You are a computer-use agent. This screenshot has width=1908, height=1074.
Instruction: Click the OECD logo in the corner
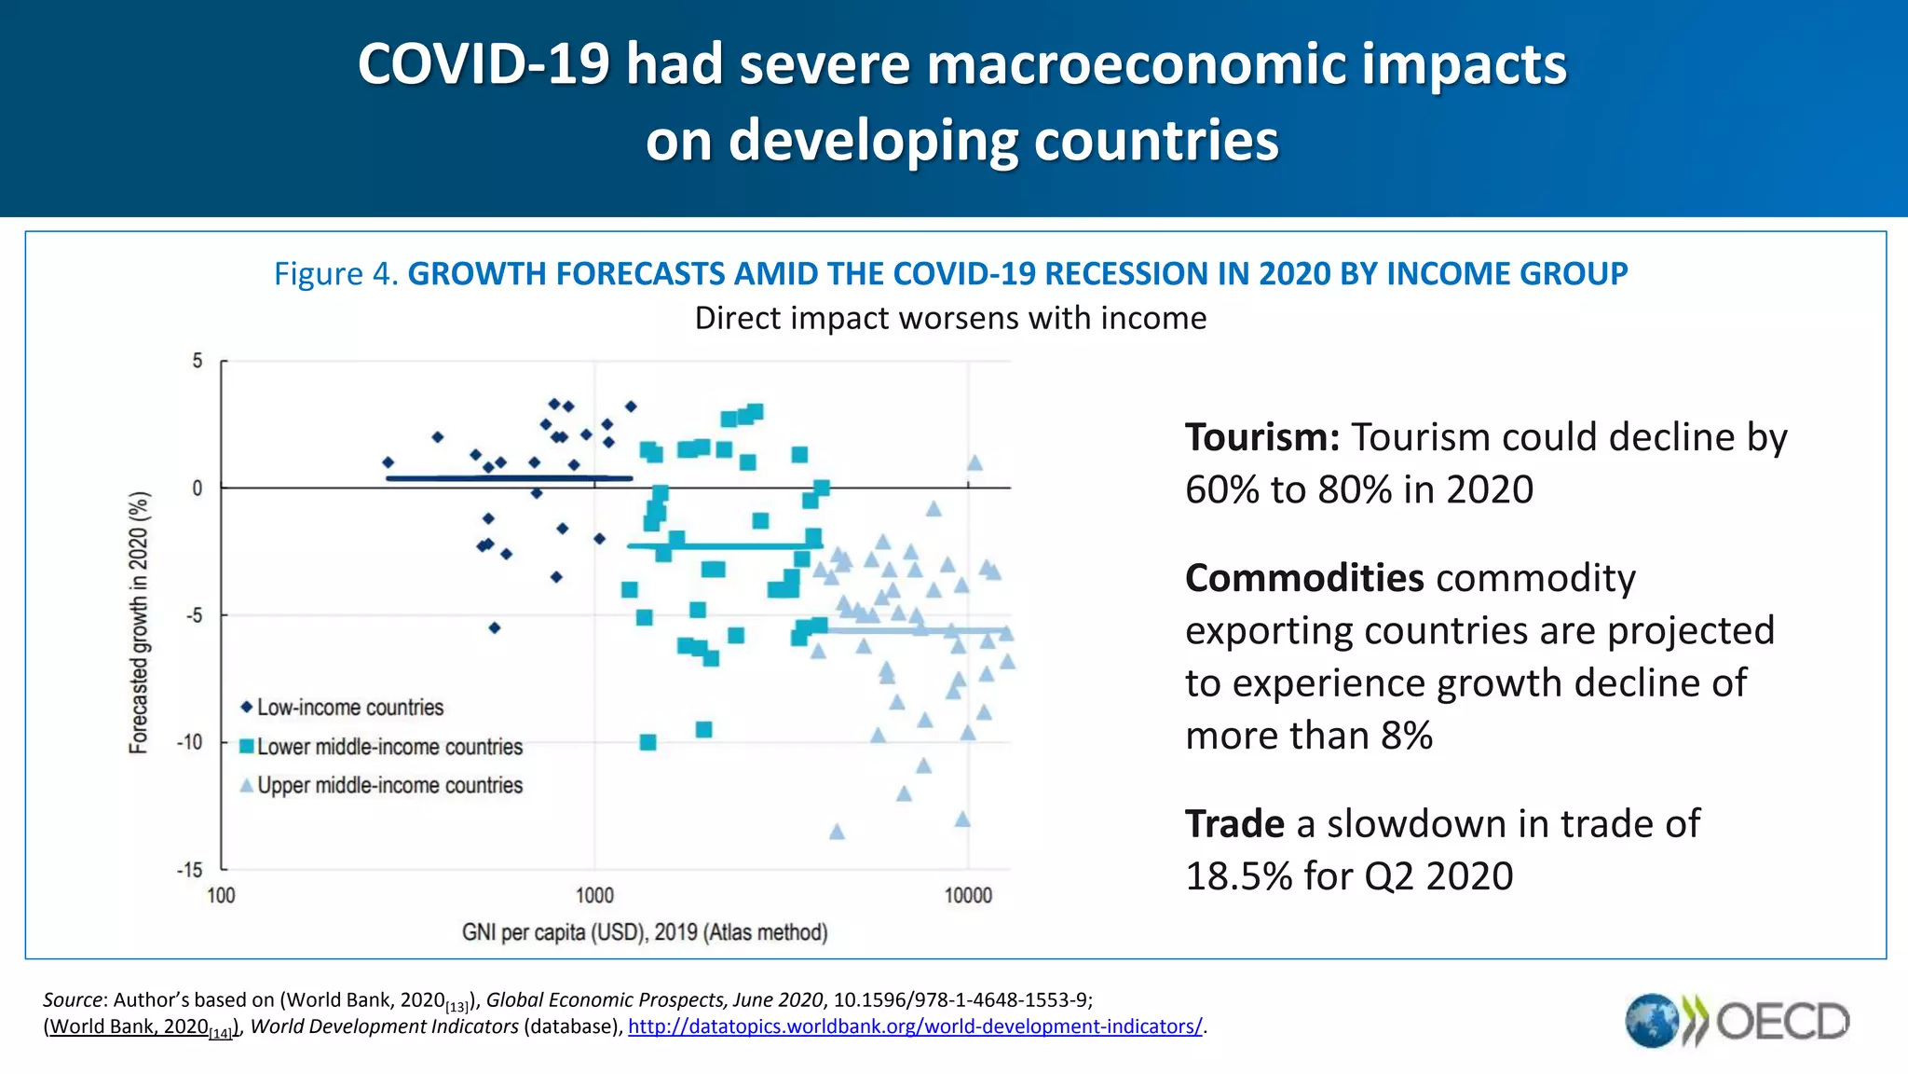coord(1738,1021)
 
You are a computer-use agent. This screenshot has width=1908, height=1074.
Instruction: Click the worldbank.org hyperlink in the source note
coord(915,1026)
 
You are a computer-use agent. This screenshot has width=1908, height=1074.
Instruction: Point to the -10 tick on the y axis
coord(190,742)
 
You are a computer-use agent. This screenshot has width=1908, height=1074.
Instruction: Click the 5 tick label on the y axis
coord(198,361)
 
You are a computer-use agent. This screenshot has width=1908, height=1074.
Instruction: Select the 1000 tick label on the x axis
coord(594,896)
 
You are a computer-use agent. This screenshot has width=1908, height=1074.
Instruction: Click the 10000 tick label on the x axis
coord(968,896)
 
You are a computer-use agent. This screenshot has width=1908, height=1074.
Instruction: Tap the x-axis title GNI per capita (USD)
coord(645,932)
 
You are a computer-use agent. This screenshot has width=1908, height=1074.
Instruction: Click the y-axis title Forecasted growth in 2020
coord(138,622)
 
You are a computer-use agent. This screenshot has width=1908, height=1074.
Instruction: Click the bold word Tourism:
coord(1261,437)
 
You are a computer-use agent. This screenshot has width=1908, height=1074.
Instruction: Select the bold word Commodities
coord(1304,578)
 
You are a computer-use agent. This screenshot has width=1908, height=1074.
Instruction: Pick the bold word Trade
coord(1234,824)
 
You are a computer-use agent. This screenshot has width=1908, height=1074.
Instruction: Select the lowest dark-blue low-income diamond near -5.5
coord(495,627)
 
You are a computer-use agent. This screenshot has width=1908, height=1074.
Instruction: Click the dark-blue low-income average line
coord(509,478)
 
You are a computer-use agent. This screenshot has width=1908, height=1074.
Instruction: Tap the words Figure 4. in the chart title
coord(336,274)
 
